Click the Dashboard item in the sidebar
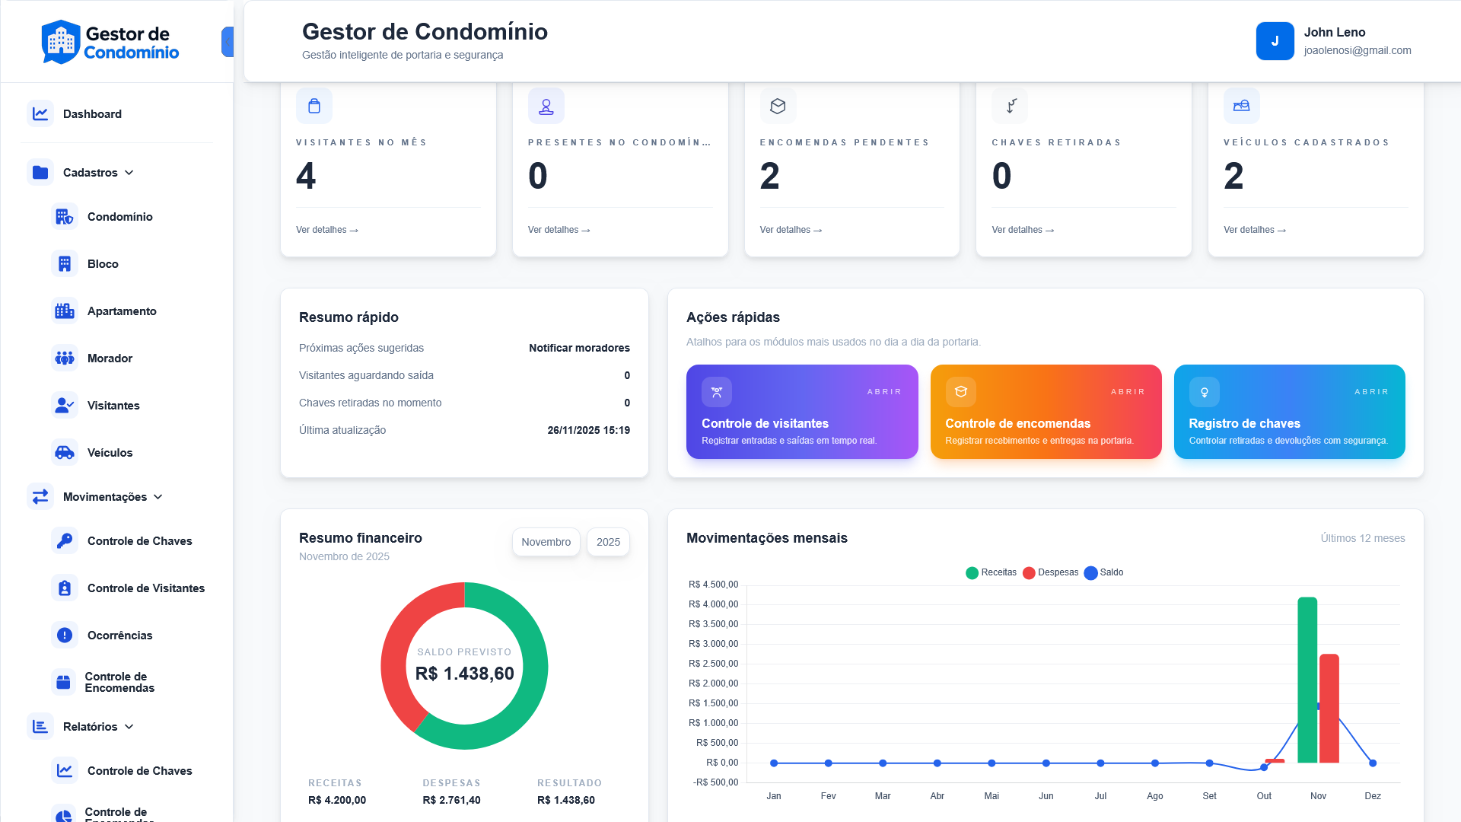pos(92,114)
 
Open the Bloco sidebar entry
pos(103,264)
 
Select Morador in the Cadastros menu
pos(110,358)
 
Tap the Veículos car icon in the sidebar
pos(65,453)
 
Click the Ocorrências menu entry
pos(119,636)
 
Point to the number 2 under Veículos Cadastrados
pos(1233,177)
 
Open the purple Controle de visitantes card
pos(801,412)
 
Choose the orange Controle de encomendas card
pos(1046,412)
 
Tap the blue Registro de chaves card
pos(1289,412)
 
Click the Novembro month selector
pos(546,542)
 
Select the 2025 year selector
pos(608,542)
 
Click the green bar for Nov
pos(1307,679)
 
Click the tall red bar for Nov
pos(1329,708)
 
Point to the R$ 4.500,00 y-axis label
pos(713,585)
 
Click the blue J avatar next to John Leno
pos(1275,41)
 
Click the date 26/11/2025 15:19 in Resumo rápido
pos(588,430)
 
